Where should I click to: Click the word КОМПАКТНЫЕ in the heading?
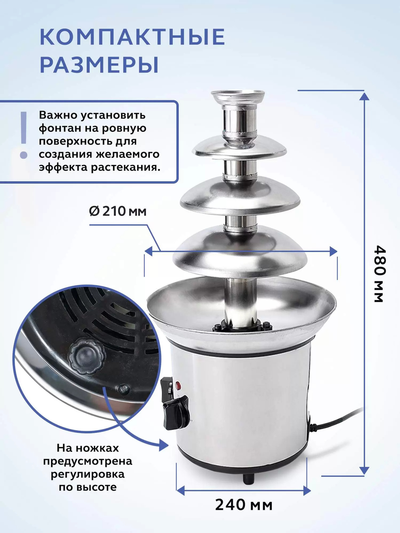[x=132, y=37]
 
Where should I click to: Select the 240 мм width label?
[x=244, y=505]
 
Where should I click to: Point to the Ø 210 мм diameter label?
[x=118, y=211]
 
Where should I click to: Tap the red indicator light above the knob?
[x=178, y=386]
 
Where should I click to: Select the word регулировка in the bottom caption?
[x=88, y=474]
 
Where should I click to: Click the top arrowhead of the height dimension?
[x=364, y=95]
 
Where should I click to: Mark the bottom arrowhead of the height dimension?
[x=364, y=471]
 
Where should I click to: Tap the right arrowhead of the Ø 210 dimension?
[x=333, y=251]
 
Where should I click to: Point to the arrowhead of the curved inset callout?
[x=164, y=444]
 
